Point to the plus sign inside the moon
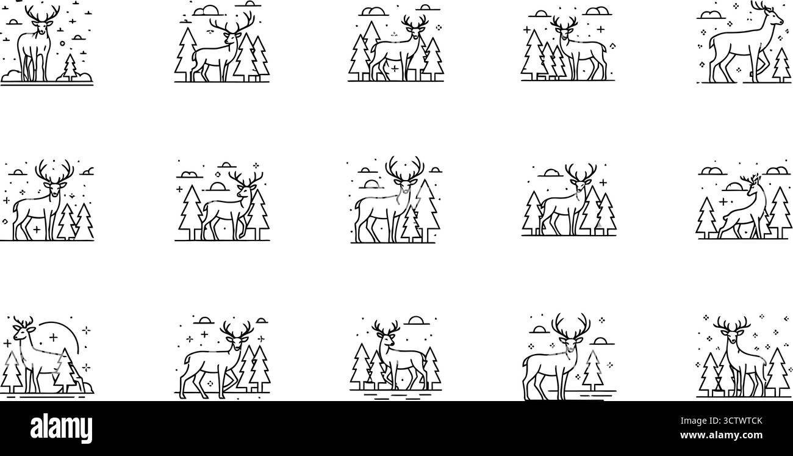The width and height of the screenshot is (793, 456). (x=53, y=336)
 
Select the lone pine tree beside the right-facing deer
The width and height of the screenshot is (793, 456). (x=781, y=65)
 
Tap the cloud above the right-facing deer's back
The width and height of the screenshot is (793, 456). (x=710, y=14)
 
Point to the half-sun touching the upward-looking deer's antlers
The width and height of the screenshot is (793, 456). (x=217, y=186)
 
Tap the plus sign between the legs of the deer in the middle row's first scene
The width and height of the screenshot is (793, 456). (x=37, y=230)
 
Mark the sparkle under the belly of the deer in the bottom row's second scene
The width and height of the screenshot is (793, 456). (x=211, y=382)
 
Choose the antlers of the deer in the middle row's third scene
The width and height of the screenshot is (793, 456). (x=404, y=168)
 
